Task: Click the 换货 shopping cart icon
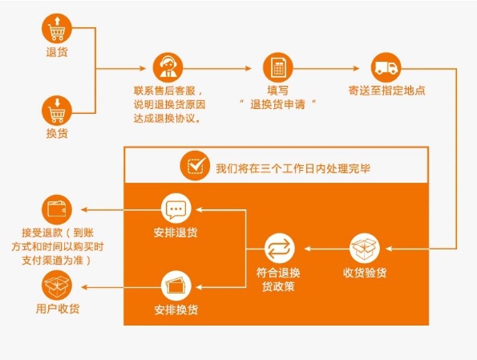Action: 57,109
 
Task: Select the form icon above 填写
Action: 278,67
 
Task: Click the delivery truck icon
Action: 387,67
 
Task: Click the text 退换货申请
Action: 278,104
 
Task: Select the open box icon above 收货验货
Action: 365,247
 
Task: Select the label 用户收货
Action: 57,309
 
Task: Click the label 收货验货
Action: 365,273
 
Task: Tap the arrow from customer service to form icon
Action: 224,67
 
